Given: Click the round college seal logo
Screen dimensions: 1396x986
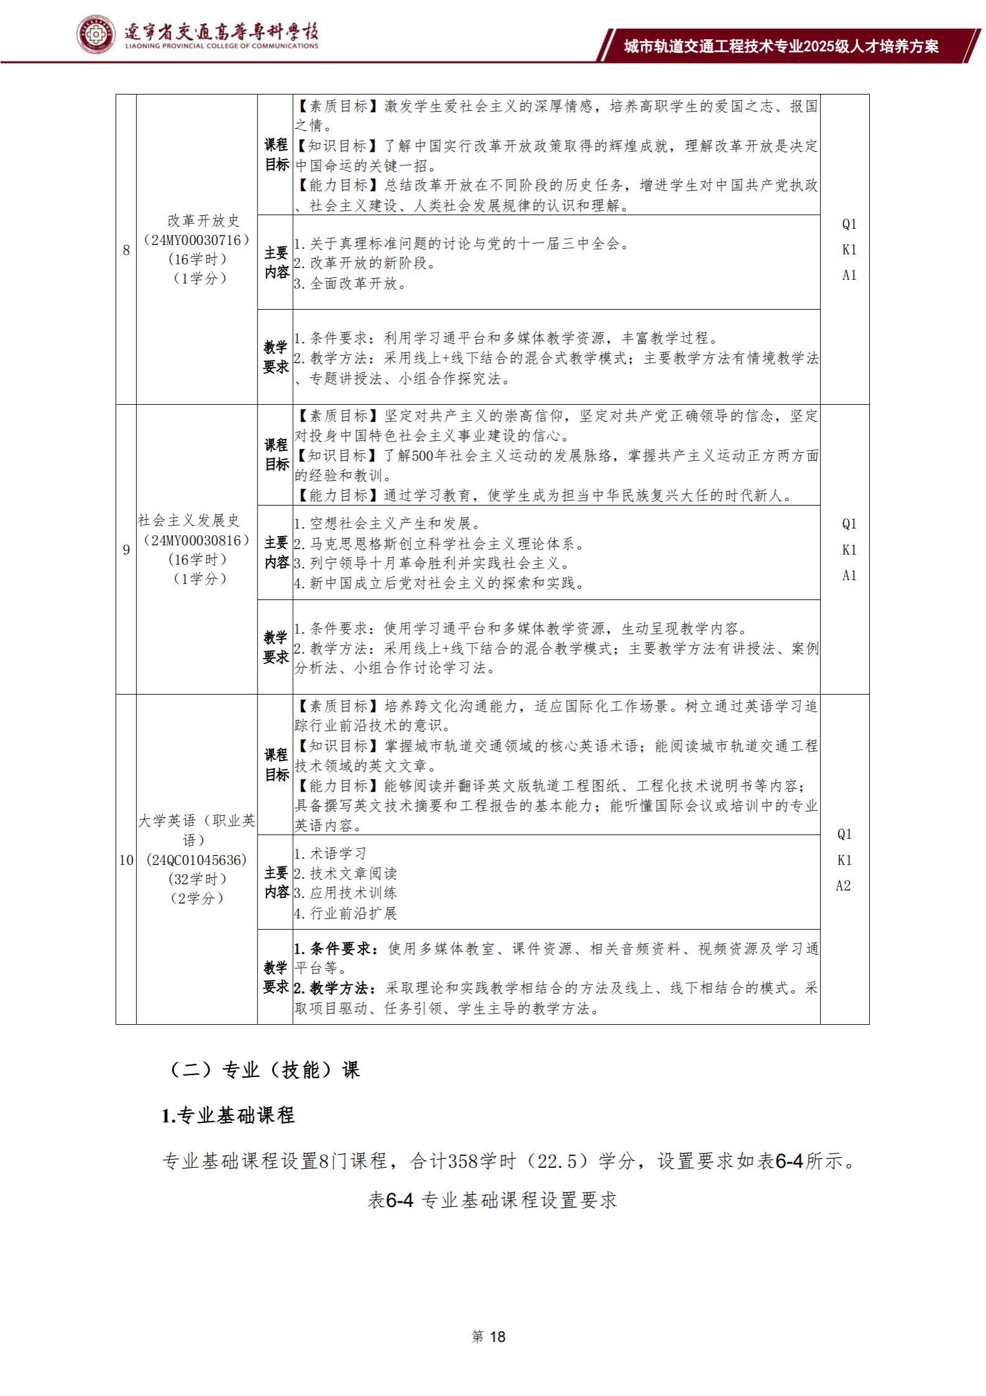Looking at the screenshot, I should click(96, 35).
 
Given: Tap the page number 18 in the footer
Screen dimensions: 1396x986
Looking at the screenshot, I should click(497, 1336).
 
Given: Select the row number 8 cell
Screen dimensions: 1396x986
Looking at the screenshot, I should click(126, 250).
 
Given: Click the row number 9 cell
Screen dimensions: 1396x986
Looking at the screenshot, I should click(126, 550).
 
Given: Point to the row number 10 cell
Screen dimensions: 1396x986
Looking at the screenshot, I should click(126, 860).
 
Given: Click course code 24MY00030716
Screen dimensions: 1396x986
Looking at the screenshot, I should click(196, 240).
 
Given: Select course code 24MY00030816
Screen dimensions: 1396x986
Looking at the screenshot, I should click(196, 540).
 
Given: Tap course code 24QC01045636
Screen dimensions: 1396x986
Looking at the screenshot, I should click(196, 860).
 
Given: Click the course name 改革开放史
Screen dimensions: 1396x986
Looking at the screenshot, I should click(203, 221).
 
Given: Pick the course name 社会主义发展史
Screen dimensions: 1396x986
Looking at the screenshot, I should click(188, 520).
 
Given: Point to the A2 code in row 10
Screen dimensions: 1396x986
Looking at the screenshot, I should click(844, 885).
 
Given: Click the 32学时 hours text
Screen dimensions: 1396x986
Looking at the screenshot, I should click(196, 879).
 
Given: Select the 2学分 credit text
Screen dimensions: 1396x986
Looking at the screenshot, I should click(196, 899).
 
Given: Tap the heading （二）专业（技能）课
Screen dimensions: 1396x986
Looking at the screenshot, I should click(264, 1069).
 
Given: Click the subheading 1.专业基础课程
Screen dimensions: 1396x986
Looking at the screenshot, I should click(228, 1116).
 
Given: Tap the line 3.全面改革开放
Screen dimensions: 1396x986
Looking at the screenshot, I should click(350, 284).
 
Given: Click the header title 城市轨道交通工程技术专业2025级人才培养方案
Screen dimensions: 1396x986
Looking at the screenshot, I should click(781, 47).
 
